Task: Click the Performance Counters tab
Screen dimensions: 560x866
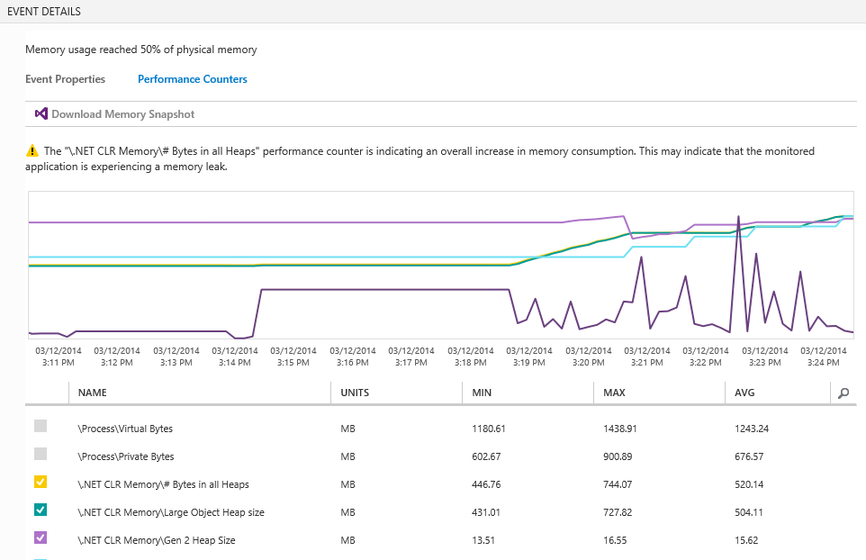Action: (x=192, y=79)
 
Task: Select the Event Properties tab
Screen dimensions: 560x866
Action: (x=65, y=79)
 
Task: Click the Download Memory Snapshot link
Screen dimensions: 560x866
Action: (x=122, y=114)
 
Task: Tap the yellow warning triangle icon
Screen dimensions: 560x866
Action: (x=32, y=151)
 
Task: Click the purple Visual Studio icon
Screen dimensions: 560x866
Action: (x=41, y=114)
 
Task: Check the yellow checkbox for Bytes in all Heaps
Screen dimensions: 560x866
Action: (x=41, y=483)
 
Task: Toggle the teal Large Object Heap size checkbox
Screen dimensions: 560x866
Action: (x=41, y=510)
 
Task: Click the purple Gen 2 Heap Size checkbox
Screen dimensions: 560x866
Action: (x=41, y=538)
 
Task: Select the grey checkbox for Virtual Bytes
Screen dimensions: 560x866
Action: (x=41, y=427)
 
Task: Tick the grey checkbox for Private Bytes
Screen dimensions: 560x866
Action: (x=41, y=455)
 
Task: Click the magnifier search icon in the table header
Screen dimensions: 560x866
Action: (x=843, y=393)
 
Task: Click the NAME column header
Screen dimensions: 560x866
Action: (x=93, y=393)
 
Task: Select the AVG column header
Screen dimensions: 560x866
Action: (x=744, y=393)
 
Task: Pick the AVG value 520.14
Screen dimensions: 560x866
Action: (x=751, y=484)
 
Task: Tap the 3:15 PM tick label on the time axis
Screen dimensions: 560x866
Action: (x=293, y=357)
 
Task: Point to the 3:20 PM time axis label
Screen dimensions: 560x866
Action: (x=588, y=357)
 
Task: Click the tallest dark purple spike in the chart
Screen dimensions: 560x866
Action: (x=739, y=218)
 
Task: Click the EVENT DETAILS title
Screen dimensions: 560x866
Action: (x=44, y=12)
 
